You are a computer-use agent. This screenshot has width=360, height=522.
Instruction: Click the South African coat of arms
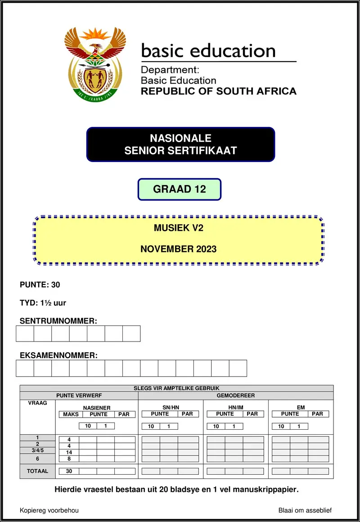tap(95, 64)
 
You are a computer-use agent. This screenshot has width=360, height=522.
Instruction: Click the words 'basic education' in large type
tap(208, 51)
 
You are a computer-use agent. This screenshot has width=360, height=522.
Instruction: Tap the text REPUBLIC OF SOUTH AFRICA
tap(219, 91)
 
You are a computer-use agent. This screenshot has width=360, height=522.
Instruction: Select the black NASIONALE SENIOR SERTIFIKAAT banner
tap(180, 144)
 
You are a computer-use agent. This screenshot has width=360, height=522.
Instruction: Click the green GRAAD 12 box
tap(179, 189)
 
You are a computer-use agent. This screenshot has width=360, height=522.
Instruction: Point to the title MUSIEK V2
tap(179, 228)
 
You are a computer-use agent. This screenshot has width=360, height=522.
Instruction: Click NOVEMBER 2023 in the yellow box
tap(178, 249)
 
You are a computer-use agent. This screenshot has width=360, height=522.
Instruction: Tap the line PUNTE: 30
tap(40, 284)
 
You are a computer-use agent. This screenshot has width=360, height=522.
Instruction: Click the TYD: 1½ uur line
tap(43, 303)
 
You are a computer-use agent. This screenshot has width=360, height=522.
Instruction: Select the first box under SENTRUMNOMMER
tap(25, 333)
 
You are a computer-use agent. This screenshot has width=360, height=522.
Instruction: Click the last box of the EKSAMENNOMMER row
tap(238, 368)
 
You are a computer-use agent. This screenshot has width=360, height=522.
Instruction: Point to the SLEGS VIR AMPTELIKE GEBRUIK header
tap(176, 388)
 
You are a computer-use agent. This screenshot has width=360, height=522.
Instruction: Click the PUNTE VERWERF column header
tap(79, 396)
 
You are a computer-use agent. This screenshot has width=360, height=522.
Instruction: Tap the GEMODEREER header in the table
tap(235, 396)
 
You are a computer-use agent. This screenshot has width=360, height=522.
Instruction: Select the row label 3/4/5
tap(37, 450)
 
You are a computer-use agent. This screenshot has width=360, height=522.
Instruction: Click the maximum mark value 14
tap(69, 452)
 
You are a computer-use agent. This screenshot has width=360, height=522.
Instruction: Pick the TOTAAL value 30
tap(69, 471)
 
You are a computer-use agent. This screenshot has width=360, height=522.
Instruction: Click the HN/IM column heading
tap(235, 407)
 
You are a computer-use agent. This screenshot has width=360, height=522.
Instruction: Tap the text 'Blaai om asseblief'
tap(305, 510)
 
